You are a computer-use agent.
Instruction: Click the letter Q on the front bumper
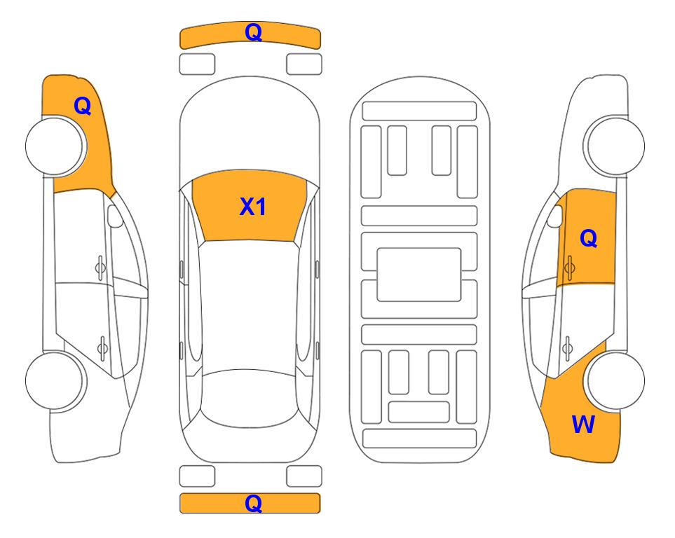[x=253, y=32]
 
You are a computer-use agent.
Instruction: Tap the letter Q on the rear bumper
[x=253, y=503]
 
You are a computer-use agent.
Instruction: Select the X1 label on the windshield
[x=253, y=207]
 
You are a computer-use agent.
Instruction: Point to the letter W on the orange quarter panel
[x=583, y=425]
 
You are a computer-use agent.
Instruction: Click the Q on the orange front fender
[x=83, y=106]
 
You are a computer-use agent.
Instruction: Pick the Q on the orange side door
[x=589, y=238]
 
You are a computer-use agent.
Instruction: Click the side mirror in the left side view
[x=114, y=216]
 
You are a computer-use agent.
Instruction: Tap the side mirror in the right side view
[x=555, y=216]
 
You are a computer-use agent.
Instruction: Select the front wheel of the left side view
[x=56, y=146]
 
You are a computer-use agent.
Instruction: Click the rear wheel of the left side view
[x=56, y=381]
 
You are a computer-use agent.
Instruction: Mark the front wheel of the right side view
[x=614, y=146]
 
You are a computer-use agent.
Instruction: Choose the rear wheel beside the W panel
[x=614, y=381]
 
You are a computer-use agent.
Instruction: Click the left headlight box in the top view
[x=197, y=64]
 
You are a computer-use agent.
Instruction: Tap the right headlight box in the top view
[x=304, y=64]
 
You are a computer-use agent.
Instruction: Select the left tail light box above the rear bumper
[x=197, y=476]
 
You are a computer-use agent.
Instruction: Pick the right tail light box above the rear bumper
[x=304, y=476]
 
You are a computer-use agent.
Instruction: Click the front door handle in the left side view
[x=100, y=268]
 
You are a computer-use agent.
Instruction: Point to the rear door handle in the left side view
[x=102, y=347]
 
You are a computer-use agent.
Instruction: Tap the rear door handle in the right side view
[x=567, y=347]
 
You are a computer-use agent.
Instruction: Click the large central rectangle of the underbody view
[x=419, y=275]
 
